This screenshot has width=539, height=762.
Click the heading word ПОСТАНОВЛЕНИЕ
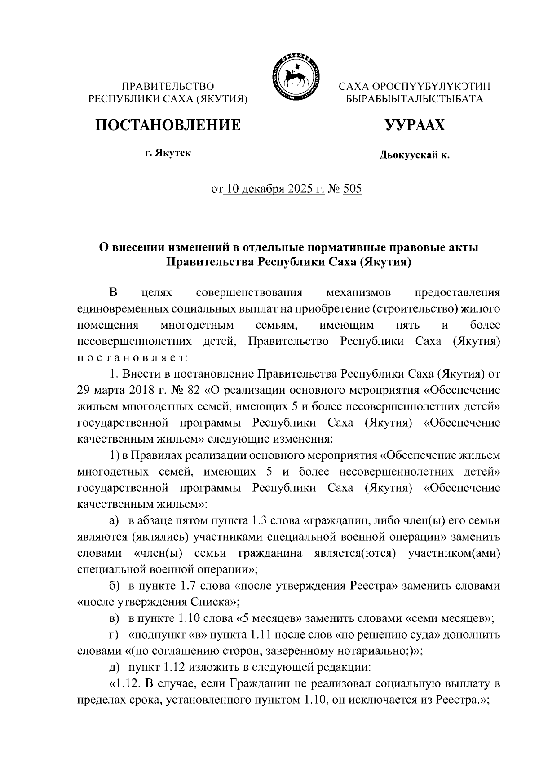pos(168,125)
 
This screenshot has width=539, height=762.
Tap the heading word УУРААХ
pos(414,125)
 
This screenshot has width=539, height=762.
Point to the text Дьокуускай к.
pos(414,155)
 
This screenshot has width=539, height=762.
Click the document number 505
pos(352,189)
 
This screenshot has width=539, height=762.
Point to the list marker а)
pos(115,521)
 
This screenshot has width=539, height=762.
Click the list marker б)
pos(115,586)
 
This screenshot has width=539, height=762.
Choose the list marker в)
pos(115,618)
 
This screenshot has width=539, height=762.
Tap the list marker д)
pos(115,667)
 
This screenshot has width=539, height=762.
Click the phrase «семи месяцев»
pos(450,618)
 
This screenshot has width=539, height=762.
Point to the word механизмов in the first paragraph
pos(358,293)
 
